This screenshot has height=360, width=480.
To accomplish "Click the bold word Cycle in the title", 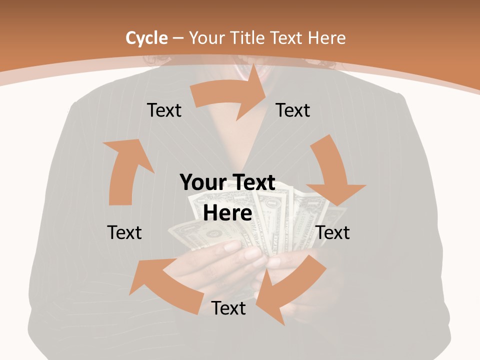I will click(x=146, y=37).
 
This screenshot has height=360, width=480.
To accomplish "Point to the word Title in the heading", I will click(x=247, y=37).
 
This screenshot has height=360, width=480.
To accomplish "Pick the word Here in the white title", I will click(x=327, y=37).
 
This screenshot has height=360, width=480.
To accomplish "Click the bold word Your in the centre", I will click(x=203, y=182).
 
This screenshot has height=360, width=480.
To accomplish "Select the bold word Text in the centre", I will click(x=252, y=182).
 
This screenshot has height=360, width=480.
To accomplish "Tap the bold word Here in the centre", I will click(x=227, y=213).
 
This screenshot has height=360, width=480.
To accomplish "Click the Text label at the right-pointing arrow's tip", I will click(x=293, y=110).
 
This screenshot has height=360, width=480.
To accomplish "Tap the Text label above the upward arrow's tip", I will click(x=164, y=110).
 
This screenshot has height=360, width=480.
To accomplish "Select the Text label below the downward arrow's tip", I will click(x=333, y=232).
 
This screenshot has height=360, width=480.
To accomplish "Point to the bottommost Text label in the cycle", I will click(x=228, y=308).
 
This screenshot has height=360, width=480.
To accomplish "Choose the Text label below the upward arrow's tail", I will click(x=124, y=232).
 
